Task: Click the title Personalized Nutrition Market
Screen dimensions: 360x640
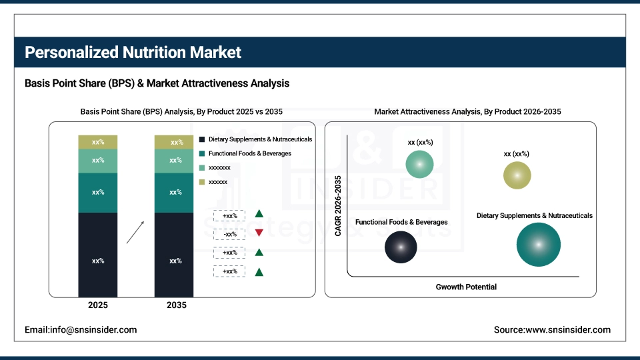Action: (133, 52)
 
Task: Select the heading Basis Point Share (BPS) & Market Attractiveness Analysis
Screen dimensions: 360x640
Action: (157, 83)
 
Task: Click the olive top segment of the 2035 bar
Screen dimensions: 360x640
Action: (174, 142)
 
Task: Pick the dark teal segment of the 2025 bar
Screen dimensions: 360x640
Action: (98, 193)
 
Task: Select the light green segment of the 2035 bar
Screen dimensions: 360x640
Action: (174, 161)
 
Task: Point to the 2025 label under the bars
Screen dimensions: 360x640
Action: (98, 305)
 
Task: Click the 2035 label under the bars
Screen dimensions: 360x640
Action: (175, 305)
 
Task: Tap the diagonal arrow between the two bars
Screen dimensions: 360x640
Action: (135, 232)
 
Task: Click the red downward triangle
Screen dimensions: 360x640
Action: (259, 233)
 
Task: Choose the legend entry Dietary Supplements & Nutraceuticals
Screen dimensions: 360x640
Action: (255, 139)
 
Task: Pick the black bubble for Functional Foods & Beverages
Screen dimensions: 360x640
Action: (401, 247)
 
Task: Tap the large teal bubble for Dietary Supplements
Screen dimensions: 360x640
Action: (538, 244)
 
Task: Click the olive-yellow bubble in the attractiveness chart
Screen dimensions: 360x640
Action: (517, 175)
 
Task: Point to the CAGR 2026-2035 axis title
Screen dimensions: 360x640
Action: (338, 205)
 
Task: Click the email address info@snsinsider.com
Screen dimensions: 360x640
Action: (81, 329)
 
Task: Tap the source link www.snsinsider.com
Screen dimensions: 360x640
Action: (552, 329)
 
